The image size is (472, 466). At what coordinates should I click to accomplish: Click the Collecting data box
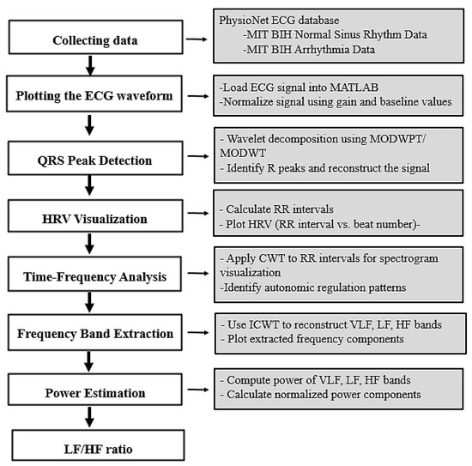pyautogui.click(x=96, y=37)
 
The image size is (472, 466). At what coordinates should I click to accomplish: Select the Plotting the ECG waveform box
pyautogui.click(x=94, y=94)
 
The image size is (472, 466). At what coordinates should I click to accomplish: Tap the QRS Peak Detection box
pyautogui.click(x=95, y=158)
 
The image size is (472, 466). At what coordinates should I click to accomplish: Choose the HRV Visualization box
pyautogui.click(x=95, y=215)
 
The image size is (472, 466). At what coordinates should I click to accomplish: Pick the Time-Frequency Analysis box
pyautogui.click(x=94, y=274)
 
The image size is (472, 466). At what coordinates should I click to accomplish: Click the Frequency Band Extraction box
pyautogui.click(x=95, y=332)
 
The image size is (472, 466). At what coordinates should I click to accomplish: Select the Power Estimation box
pyautogui.click(x=95, y=390)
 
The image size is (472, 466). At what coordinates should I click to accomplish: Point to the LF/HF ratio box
pyautogui.click(x=98, y=445)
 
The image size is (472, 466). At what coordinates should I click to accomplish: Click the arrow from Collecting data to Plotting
pyautogui.click(x=90, y=65)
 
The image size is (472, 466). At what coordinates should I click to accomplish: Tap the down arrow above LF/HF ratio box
pyautogui.click(x=89, y=417)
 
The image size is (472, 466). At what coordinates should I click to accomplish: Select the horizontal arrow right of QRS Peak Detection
pyautogui.click(x=198, y=156)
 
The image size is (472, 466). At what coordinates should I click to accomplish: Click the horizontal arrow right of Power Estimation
pyautogui.click(x=198, y=390)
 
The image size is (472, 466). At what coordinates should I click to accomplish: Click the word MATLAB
pyautogui.click(x=354, y=88)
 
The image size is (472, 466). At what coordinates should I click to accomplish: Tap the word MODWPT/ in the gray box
pyautogui.click(x=397, y=139)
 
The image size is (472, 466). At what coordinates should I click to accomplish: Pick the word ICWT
pyautogui.click(x=264, y=324)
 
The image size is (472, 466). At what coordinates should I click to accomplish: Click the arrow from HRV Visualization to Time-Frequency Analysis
pyautogui.click(x=89, y=244)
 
